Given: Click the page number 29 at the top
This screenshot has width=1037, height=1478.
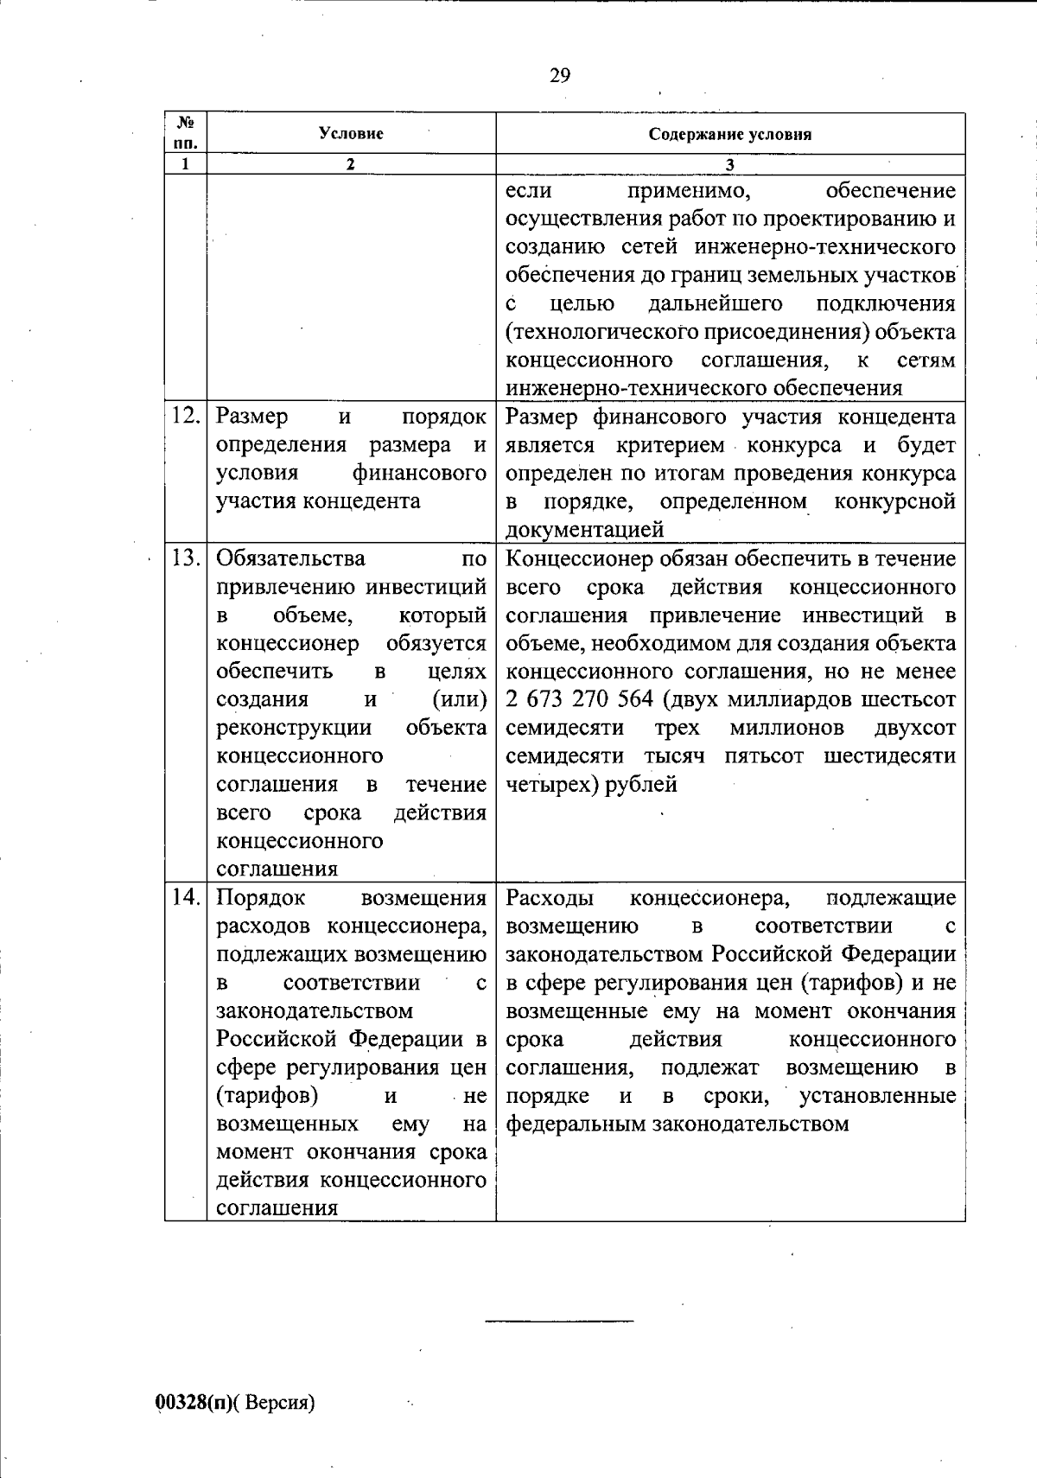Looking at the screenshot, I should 559,76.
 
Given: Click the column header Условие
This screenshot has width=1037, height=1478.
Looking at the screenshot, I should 351,133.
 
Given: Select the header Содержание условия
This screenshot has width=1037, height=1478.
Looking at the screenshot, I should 730,134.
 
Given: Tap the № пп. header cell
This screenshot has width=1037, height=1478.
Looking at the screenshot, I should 186,133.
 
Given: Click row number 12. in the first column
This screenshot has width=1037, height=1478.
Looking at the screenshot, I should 186,417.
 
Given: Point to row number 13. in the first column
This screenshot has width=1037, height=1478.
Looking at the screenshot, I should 186,558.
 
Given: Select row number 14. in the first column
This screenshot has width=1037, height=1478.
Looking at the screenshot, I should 186,897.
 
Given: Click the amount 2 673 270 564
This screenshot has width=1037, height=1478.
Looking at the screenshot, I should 579,699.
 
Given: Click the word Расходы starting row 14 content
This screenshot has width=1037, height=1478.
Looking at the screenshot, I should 548,897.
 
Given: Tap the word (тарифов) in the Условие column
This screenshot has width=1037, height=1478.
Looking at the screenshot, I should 266,1095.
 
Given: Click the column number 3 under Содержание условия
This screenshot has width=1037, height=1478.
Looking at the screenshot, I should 730,164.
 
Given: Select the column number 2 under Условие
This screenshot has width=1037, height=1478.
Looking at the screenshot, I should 351,164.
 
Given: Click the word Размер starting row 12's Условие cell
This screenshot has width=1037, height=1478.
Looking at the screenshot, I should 252,417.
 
